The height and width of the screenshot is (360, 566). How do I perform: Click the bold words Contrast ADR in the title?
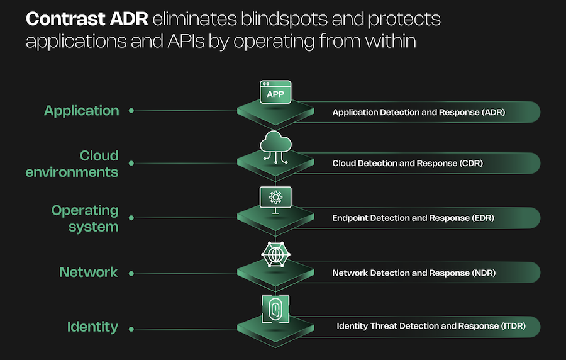point(86,20)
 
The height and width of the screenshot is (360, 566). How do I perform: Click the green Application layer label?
point(81,111)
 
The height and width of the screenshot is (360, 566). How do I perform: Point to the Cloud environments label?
point(72,164)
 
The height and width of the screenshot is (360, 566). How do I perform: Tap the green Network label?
point(88,273)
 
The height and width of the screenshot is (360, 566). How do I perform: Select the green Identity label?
point(92,327)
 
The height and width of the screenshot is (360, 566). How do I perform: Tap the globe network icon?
point(275,255)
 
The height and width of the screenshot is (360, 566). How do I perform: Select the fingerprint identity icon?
point(275,309)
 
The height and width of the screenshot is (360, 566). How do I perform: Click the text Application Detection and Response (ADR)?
point(419,113)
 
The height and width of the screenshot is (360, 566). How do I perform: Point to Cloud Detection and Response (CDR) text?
point(408,164)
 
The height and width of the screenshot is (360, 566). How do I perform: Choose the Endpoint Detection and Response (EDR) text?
point(413,218)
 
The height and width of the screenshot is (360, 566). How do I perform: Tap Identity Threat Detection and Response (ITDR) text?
point(431,327)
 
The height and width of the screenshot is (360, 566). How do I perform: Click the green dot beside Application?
point(131,111)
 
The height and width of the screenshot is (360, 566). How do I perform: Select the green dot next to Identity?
point(131,327)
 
